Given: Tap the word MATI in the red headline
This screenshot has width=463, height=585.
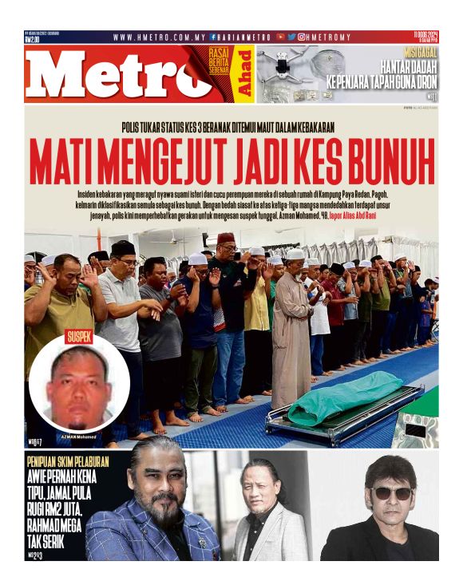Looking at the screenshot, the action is [x=63, y=162].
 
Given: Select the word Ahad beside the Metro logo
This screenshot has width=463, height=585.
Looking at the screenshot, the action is [x=247, y=73].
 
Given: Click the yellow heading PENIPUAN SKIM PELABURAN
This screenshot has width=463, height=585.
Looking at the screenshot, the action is [x=67, y=461].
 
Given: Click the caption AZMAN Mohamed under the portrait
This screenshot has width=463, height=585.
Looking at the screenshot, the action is [x=77, y=437].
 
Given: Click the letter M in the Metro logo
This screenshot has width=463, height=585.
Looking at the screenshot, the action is [x=62, y=77].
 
